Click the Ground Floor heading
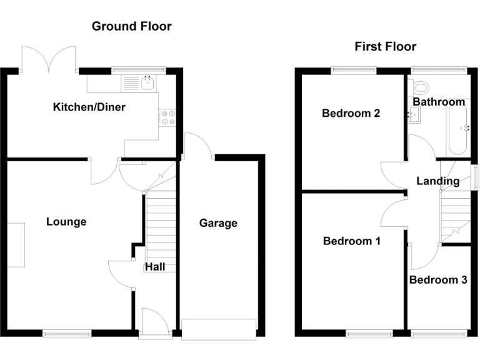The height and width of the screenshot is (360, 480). pyautogui.click(x=131, y=26)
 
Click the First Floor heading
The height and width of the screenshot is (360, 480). pyautogui.click(x=385, y=46)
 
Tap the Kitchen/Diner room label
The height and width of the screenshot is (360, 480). pyautogui.click(x=89, y=107)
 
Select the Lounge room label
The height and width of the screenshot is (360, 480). pyautogui.click(x=66, y=222)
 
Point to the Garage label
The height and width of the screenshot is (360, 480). pyautogui.click(x=218, y=223)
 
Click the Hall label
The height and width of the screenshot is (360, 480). pyautogui.click(x=155, y=267)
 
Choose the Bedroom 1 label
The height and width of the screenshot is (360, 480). pyautogui.click(x=351, y=241)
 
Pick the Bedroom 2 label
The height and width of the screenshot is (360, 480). pyautogui.click(x=351, y=113)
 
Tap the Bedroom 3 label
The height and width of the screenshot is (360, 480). pyautogui.click(x=438, y=280)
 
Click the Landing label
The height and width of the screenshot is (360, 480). pyautogui.click(x=438, y=181)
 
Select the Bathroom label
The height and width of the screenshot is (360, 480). pyautogui.click(x=439, y=102)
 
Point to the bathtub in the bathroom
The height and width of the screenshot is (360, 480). pyautogui.click(x=457, y=130)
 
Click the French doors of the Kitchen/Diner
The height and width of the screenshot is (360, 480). pyautogui.click(x=49, y=58)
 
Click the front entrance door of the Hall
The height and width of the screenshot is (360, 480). pyautogui.click(x=154, y=324)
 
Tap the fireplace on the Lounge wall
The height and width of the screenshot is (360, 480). pyautogui.click(x=16, y=244)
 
